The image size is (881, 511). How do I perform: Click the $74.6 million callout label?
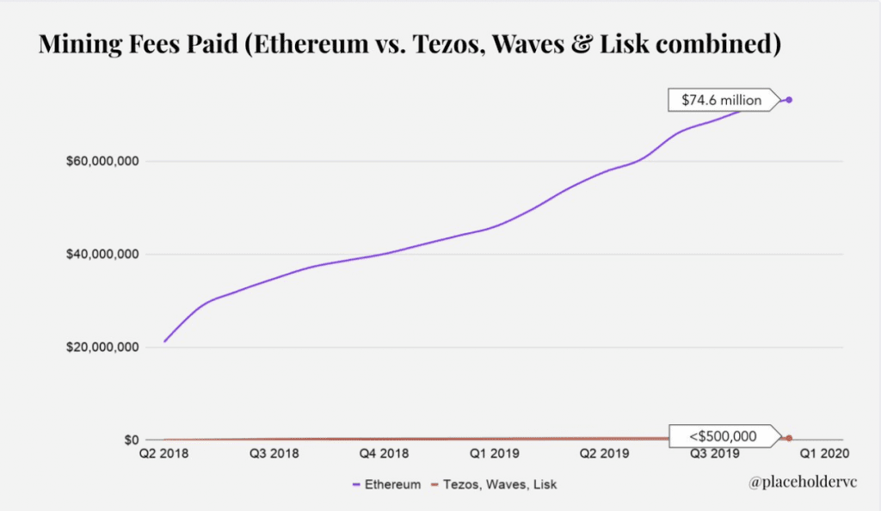click(721, 101)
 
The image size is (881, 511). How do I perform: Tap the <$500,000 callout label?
click(723, 436)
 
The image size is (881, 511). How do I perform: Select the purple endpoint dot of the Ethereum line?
click(789, 101)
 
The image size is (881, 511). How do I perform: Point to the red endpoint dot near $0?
click(789, 438)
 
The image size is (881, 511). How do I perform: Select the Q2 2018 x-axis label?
click(163, 453)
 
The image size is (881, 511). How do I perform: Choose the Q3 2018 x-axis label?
click(274, 453)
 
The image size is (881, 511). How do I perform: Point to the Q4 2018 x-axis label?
click(384, 453)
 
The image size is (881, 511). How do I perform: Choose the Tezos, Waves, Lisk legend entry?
click(494, 484)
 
